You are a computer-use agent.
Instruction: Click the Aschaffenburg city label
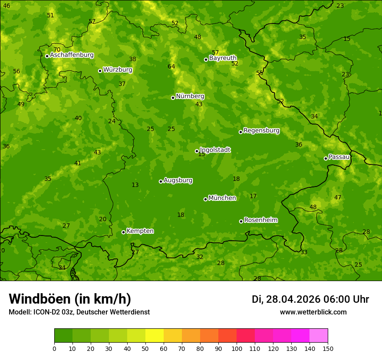(72, 55)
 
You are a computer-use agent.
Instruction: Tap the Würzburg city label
(118, 70)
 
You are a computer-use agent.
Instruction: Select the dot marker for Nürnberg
(173, 98)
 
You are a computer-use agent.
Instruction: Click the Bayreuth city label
(223, 58)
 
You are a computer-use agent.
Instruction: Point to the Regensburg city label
(261, 131)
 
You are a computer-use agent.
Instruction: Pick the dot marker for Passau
(326, 158)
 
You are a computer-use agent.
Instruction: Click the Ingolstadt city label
(215, 150)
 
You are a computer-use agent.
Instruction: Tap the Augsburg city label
(178, 180)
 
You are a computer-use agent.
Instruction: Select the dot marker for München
(205, 199)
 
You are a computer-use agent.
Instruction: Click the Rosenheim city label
(260, 220)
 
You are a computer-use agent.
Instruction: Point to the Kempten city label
(140, 231)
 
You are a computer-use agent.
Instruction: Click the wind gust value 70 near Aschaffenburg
(57, 49)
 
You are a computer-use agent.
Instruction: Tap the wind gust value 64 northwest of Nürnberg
(171, 66)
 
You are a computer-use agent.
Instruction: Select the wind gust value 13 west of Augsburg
(135, 185)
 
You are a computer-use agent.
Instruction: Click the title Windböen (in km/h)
(70, 299)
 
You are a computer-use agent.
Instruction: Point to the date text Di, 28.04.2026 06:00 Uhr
(310, 299)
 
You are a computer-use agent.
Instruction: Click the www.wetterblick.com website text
(313, 312)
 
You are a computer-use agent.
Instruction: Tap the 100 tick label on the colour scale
(237, 348)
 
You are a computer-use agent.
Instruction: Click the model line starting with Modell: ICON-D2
(79, 312)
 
